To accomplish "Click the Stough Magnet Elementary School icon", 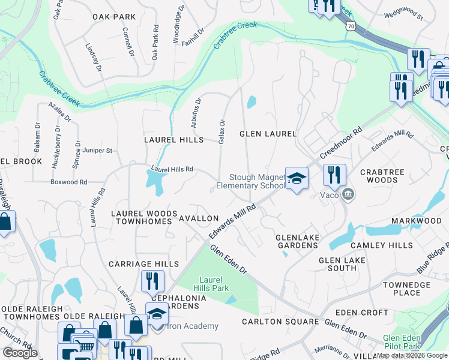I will (x=296, y=178).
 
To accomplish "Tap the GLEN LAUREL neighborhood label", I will (x=268, y=133).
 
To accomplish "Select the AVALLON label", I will (x=199, y=218).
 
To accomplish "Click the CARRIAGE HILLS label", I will (x=143, y=264).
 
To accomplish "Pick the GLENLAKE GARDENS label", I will (x=297, y=241).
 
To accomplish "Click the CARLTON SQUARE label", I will (x=280, y=322).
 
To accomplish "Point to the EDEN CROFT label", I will (x=362, y=313).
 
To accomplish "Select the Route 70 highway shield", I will (x=350, y=26).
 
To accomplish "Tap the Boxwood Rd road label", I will (x=69, y=182).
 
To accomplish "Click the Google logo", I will (x=20, y=353).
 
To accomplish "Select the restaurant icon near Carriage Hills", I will (x=152, y=280).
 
